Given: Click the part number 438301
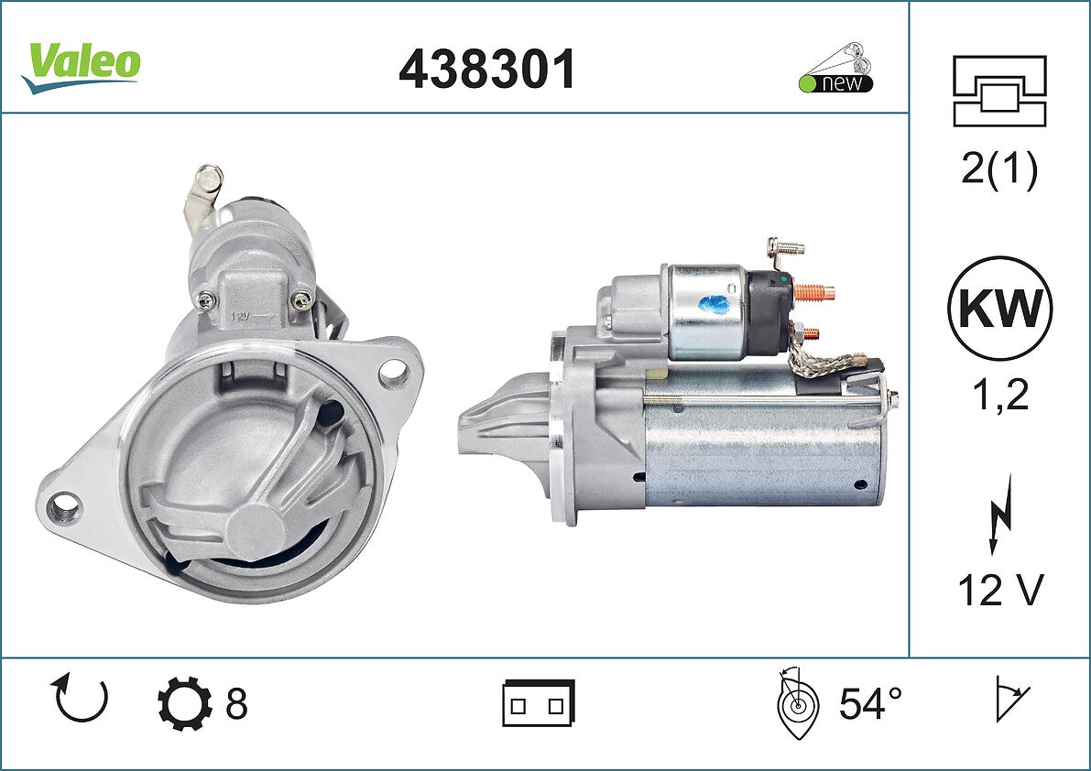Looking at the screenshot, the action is tap(487, 69).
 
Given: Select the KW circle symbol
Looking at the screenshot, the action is tap(999, 308).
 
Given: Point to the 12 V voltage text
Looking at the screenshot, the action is tap(1000, 590).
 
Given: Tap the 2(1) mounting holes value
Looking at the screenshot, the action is tap(999, 168).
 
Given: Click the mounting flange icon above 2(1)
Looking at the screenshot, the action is tap(999, 91).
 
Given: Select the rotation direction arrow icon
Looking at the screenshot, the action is tap(80, 700).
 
